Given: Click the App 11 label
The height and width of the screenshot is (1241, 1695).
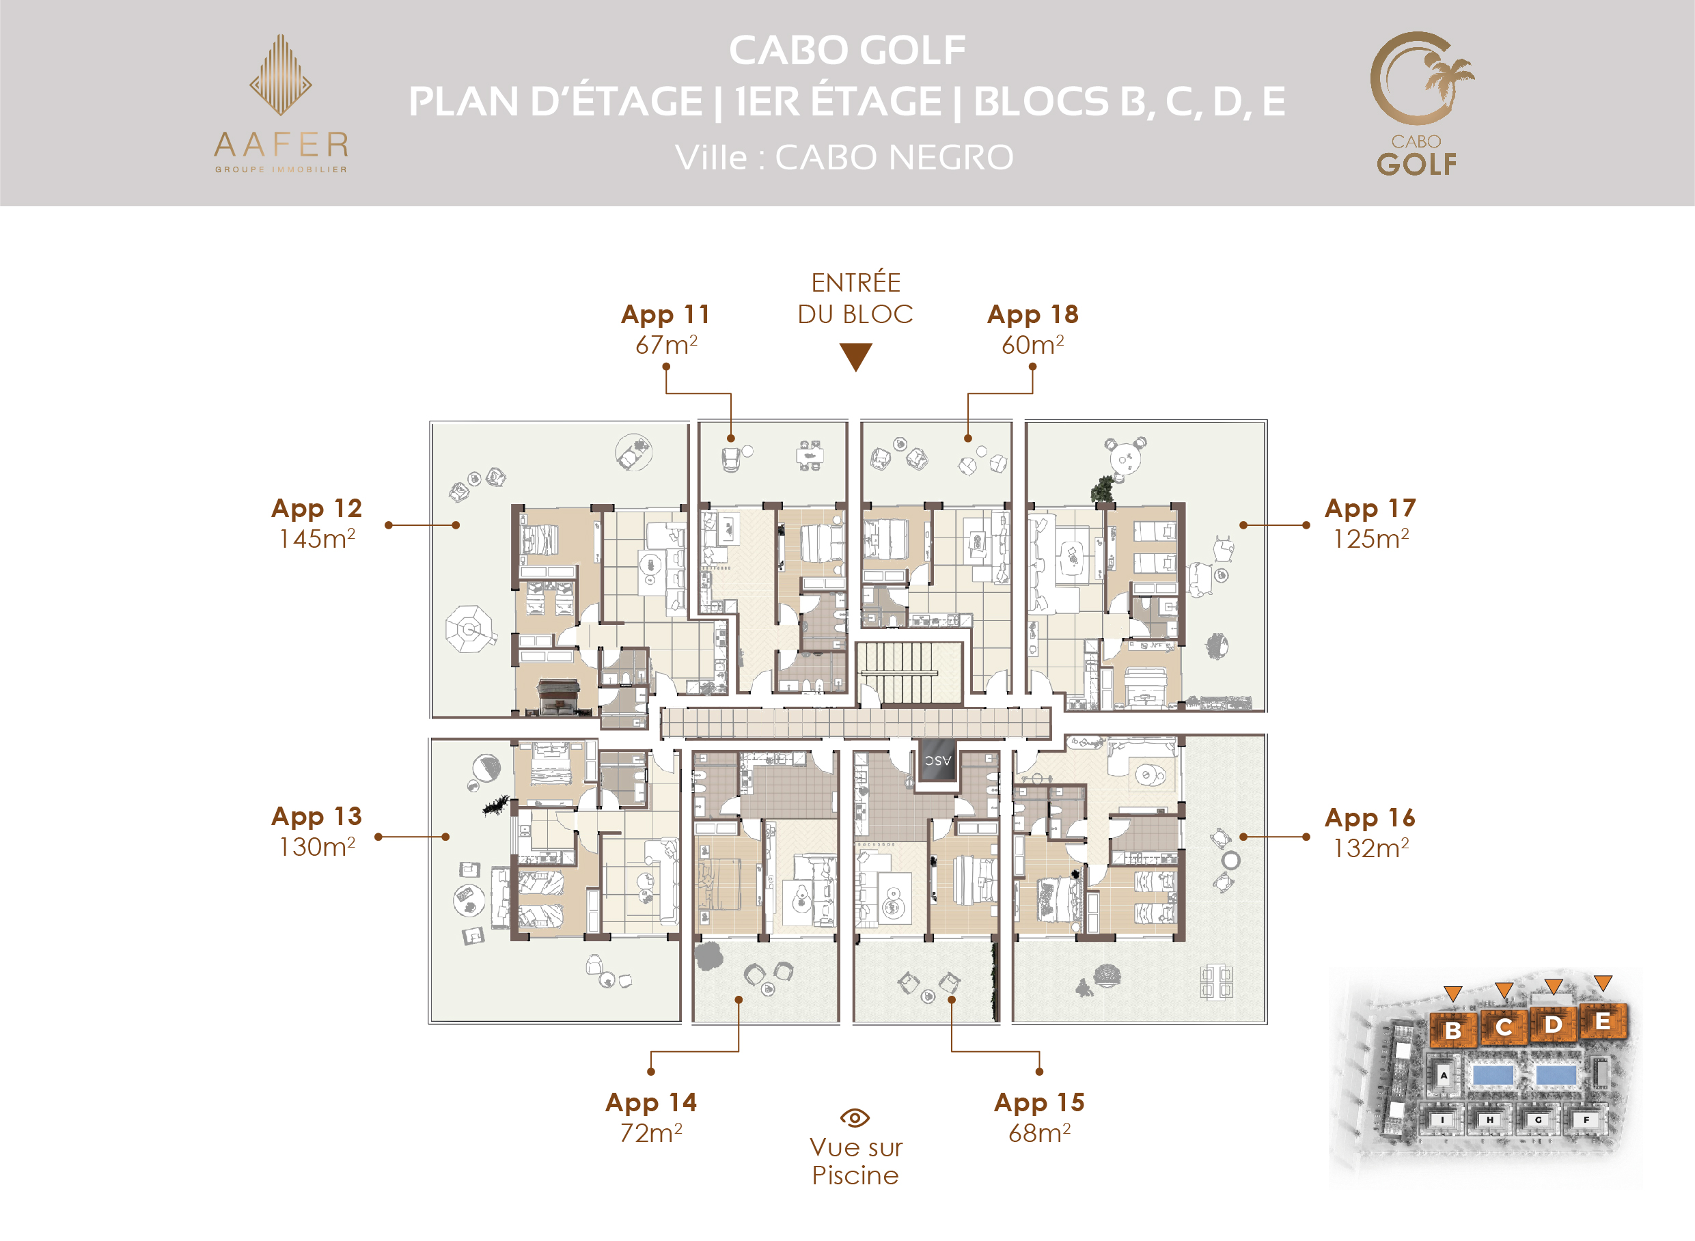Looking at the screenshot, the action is click(665, 315).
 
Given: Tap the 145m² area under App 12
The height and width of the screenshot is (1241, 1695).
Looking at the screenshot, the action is click(316, 539).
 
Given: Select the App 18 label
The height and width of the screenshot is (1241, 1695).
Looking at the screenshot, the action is click(1032, 315).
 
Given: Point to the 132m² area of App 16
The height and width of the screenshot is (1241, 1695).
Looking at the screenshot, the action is click(1370, 848).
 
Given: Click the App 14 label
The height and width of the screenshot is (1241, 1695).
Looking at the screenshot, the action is click(650, 1103).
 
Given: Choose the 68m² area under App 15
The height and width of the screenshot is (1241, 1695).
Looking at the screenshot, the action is click(1039, 1133).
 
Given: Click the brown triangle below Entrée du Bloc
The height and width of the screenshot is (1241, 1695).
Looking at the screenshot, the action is click(855, 357).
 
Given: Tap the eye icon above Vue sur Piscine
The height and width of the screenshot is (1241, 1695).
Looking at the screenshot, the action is click(854, 1118).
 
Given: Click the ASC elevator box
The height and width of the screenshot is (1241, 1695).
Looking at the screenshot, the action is click(937, 760).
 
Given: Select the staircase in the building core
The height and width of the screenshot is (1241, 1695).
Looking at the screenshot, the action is click(909, 673).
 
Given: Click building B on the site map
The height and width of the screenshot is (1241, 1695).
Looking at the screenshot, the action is click(1453, 1029).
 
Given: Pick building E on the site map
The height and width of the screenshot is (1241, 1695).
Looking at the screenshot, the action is click(1603, 1022).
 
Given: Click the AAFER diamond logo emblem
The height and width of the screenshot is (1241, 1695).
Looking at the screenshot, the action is click(280, 74).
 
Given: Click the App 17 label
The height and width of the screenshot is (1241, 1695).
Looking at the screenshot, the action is click(1370, 509).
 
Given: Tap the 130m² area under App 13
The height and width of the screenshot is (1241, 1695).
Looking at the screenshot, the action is click(316, 847).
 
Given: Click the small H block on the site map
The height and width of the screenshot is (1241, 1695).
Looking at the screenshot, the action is click(1489, 1120).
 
